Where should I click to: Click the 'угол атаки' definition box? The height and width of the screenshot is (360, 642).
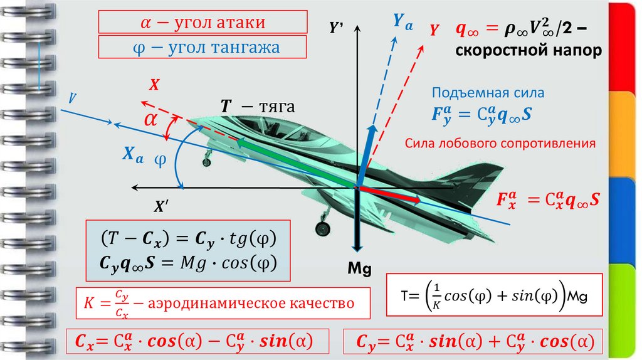tap(202, 23)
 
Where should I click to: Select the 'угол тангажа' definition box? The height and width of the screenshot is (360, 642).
tap(202, 48)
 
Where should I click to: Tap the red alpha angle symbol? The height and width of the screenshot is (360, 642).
tap(151, 120)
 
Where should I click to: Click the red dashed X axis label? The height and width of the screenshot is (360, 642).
tap(155, 83)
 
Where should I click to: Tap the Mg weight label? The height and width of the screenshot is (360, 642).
tap(359, 269)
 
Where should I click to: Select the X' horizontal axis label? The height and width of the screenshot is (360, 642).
tap(162, 205)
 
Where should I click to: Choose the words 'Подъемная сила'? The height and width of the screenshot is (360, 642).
tap(488, 93)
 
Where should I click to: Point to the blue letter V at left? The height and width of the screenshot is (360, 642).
tap(73, 98)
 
